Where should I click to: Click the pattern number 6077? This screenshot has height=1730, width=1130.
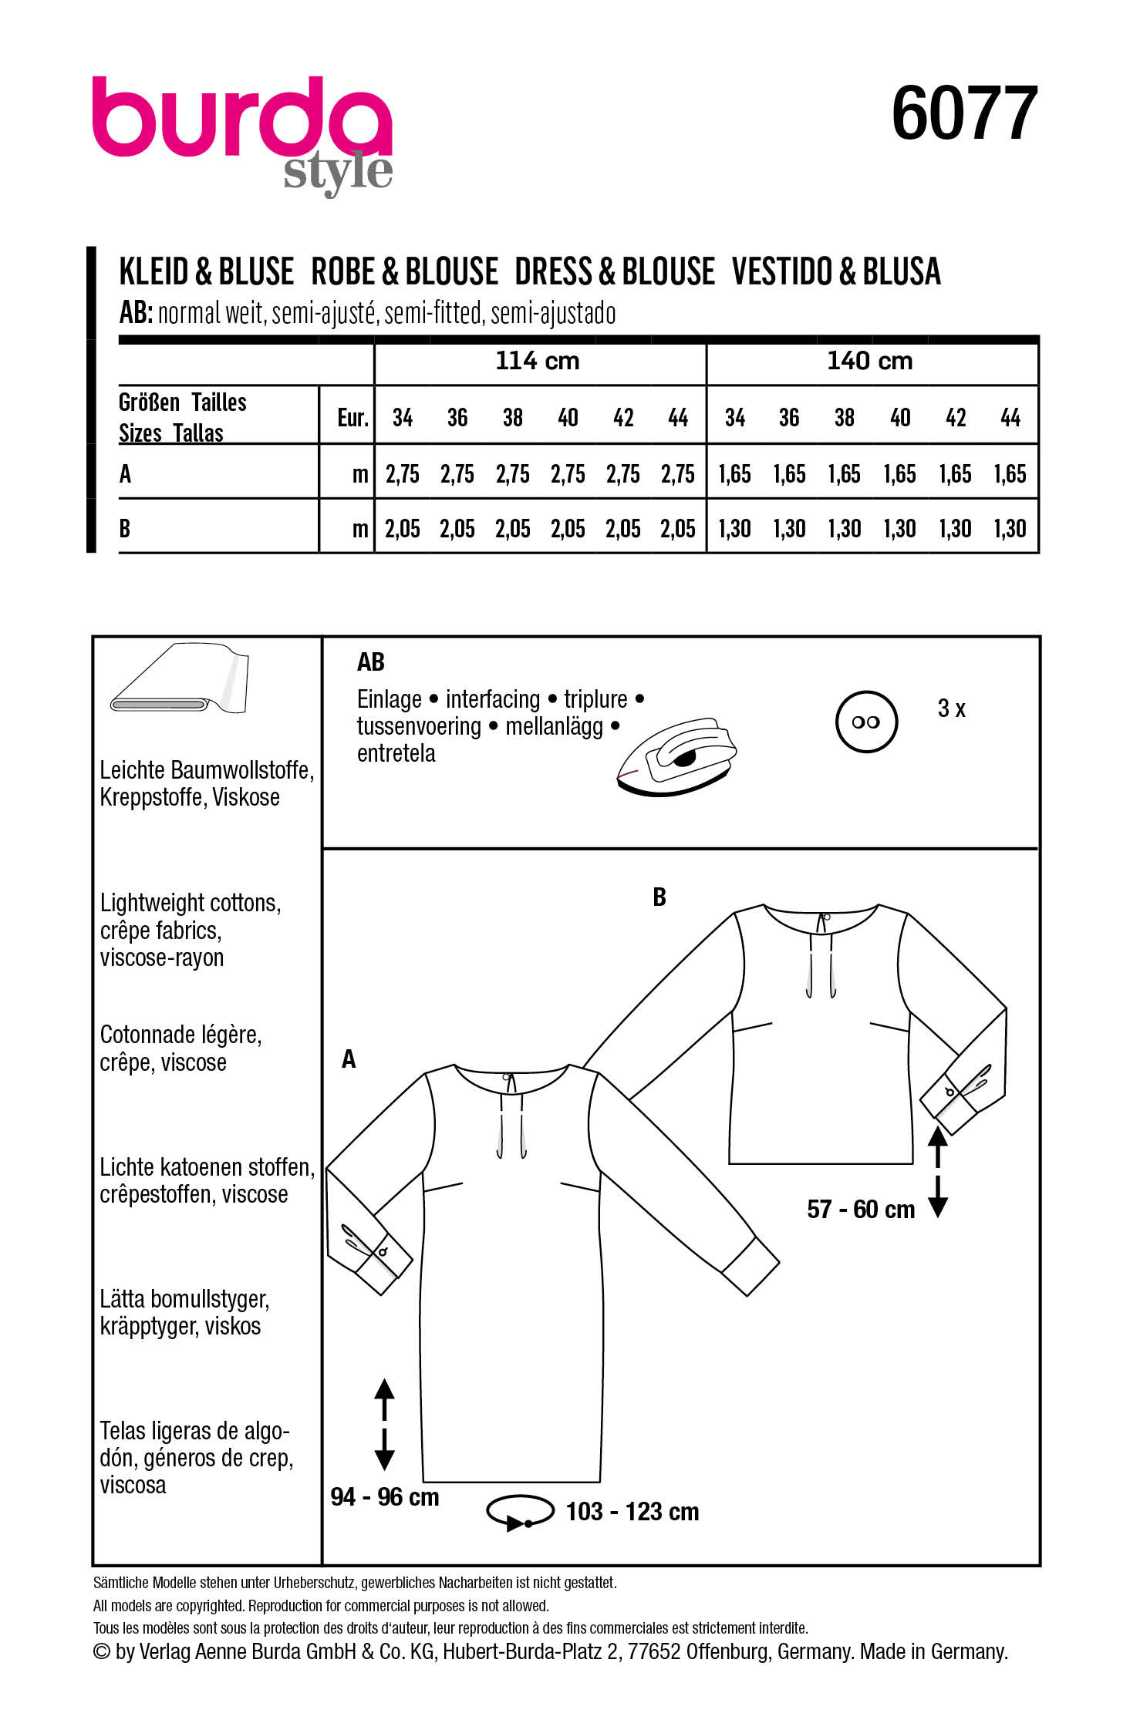click(963, 113)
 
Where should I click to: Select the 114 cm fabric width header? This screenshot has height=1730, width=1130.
click(538, 361)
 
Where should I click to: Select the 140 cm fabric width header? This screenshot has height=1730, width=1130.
click(869, 361)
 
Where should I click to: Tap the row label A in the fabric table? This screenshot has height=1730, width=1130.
click(126, 474)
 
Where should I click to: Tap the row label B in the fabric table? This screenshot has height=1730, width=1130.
click(125, 529)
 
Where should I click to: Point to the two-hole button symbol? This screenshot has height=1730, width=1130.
click(866, 722)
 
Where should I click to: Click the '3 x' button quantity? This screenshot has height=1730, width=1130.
click(951, 708)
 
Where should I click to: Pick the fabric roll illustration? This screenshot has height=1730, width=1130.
click(179, 678)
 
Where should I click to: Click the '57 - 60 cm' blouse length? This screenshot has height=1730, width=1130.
click(861, 1209)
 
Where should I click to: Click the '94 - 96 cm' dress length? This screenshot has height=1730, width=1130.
click(384, 1497)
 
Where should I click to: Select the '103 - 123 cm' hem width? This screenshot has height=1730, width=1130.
click(632, 1512)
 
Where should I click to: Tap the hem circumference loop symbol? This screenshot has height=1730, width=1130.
click(520, 1512)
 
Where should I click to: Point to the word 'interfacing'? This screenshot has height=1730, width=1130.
click(492, 699)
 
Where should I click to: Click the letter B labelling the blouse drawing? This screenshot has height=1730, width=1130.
click(659, 897)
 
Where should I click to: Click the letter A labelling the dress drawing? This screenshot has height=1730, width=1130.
click(349, 1059)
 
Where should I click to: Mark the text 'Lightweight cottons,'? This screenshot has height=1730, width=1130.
click(191, 903)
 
